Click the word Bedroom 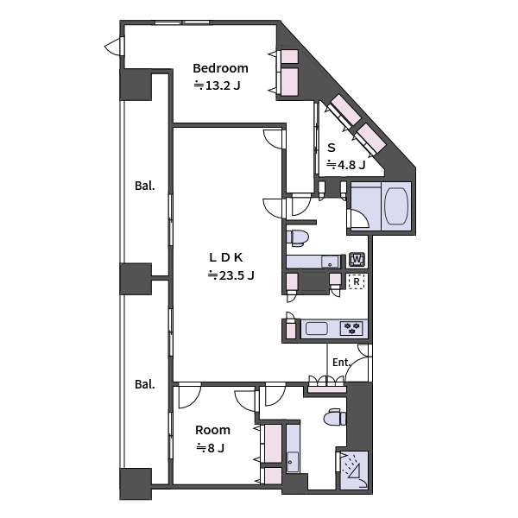tap(220, 68)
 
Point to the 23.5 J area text tap(231, 275)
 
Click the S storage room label tap(331, 147)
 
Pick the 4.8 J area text tap(345, 164)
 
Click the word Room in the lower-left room tap(212, 430)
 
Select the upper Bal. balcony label tap(144, 186)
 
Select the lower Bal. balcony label tap(144, 384)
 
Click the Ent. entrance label tap(341, 363)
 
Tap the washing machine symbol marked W tap(357, 260)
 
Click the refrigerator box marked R tap(356, 281)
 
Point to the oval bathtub tap(397, 205)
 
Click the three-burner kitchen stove tap(352, 329)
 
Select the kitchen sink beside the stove tap(316, 329)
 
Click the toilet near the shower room tap(333, 419)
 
